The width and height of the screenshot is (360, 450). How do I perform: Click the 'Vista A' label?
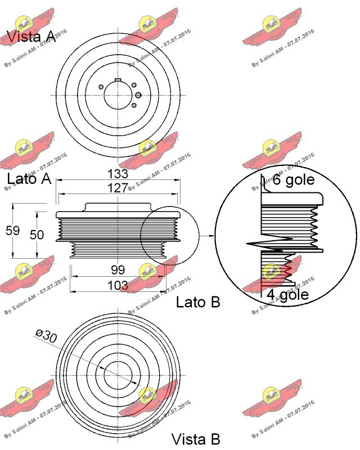click(31, 37)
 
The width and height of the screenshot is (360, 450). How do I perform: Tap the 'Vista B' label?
click(195, 439)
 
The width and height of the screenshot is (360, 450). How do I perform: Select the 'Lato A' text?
click(29, 179)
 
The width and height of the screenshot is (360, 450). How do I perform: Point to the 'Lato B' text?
click(198, 302)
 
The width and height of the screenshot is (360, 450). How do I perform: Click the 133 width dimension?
click(118, 174)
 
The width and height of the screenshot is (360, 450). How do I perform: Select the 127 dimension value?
click(118, 188)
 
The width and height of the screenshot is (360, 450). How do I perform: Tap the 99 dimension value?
click(118, 270)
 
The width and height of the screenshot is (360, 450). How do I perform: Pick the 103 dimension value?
click(118, 285)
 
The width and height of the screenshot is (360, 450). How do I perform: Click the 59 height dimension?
click(12, 231)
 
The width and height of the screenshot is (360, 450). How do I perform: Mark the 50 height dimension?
click(37, 234)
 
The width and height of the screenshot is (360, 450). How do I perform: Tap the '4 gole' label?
click(287, 295)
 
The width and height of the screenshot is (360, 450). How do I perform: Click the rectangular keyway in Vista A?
click(118, 80)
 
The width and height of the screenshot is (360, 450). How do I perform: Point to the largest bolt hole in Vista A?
click(138, 96)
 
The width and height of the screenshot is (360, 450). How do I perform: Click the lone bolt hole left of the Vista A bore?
click(100, 87)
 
